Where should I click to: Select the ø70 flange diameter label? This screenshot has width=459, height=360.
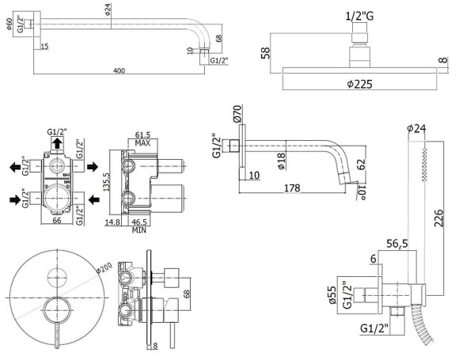(x=236, y=113)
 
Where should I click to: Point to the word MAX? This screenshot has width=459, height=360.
(x=144, y=144)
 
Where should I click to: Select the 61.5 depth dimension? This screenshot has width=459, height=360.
(x=143, y=136)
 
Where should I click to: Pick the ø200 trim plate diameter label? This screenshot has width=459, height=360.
(x=101, y=267)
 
